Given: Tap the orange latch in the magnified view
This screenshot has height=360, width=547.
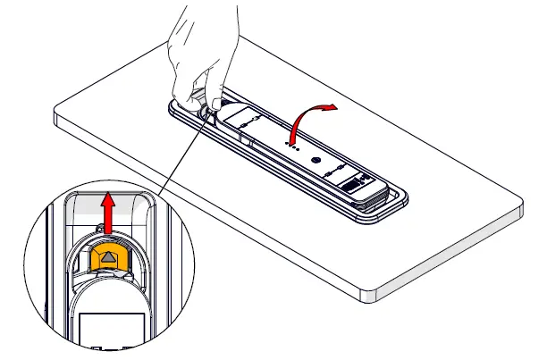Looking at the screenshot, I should click(x=107, y=258).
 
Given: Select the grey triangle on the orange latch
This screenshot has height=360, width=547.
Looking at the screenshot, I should click(x=107, y=257).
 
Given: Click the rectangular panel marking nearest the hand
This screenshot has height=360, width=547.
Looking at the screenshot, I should click(x=240, y=116).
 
